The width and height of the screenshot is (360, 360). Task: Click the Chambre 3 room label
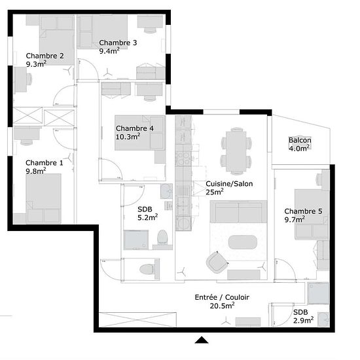(x=118, y=43)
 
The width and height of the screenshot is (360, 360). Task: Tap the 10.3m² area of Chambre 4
(x=128, y=137)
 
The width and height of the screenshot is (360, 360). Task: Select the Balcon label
(x=300, y=140)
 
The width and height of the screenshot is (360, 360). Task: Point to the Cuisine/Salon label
(x=229, y=184)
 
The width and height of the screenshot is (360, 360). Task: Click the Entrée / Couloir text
(x=222, y=297)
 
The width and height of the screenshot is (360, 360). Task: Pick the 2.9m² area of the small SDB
(x=303, y=320)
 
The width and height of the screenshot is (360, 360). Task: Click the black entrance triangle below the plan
(x=202, y=340)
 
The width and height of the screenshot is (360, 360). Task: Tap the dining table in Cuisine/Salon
(x=236, y=152)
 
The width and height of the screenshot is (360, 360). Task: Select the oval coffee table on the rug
(x=243, y=242)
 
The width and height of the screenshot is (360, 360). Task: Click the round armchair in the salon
(x=217, y=262)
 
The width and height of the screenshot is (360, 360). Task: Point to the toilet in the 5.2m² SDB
(x=162, y=237)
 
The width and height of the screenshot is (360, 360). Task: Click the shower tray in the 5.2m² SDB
(x=136, y=240)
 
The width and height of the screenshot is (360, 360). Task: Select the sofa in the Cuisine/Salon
(x=238, y=211)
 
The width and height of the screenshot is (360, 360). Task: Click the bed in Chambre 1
(x=43, y=198)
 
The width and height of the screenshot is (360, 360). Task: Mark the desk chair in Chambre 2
(x=29, y=79)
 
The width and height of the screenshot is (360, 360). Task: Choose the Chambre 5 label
(x=303, y=211)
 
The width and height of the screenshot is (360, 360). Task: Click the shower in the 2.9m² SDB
(x=319, y=293)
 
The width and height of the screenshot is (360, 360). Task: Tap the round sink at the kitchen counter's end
(x=183, y=223)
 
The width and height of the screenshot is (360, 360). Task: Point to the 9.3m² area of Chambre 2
(x=36, y=64)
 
